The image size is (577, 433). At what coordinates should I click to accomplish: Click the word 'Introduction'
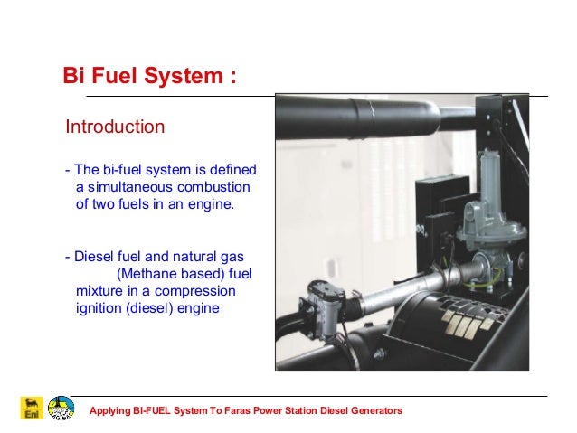[115, 127]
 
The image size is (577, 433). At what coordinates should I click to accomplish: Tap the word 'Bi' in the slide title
[74, 75]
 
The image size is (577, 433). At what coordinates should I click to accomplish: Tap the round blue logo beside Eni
[61, 407]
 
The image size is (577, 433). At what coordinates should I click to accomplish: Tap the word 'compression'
[195, 291]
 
